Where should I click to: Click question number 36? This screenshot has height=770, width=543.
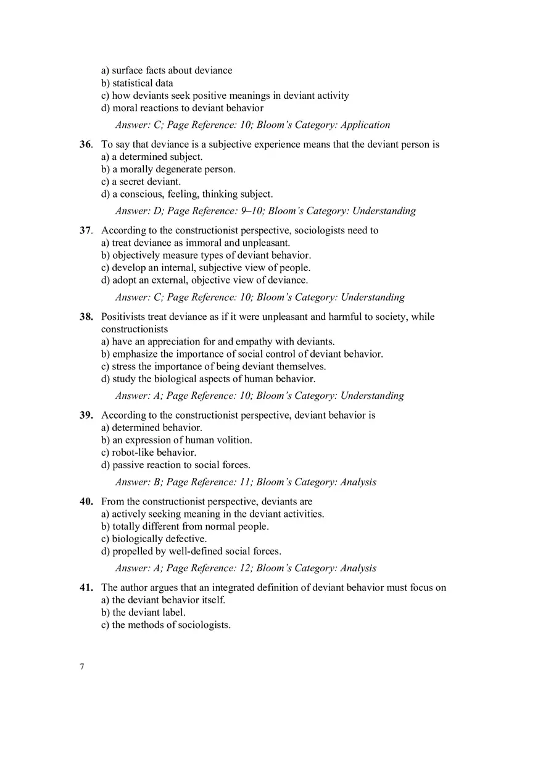pyautogui.click(x=86, y=144)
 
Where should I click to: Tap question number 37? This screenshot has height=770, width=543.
pyautogui.click(x=86, y=230)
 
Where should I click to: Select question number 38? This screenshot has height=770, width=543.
pyautogui.click(x=86, y=317)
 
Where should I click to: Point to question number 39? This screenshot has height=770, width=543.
pyautogui.click(x=86, y=415)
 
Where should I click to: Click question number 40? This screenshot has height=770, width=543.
pyautogui.click(x=86, y=501)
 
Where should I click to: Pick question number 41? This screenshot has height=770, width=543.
pyautogui.click(x=86, y=588)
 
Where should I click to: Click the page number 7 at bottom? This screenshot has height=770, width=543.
pyautogui.click(x=82, y=667)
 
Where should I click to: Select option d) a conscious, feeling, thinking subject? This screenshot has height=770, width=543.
pyautogui.click(x=187, y=194)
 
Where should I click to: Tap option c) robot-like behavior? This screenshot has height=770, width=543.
pyautogui.click(x=149, y=452)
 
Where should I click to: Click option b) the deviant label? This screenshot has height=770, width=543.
pyautogui.click(x=143, y=613)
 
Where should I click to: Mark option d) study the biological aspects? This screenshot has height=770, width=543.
pyautogui.click(x=209, y=379)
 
